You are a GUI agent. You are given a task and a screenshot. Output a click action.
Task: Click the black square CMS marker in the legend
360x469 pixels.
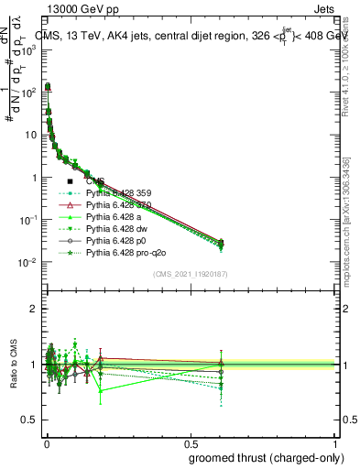[70, 181]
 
